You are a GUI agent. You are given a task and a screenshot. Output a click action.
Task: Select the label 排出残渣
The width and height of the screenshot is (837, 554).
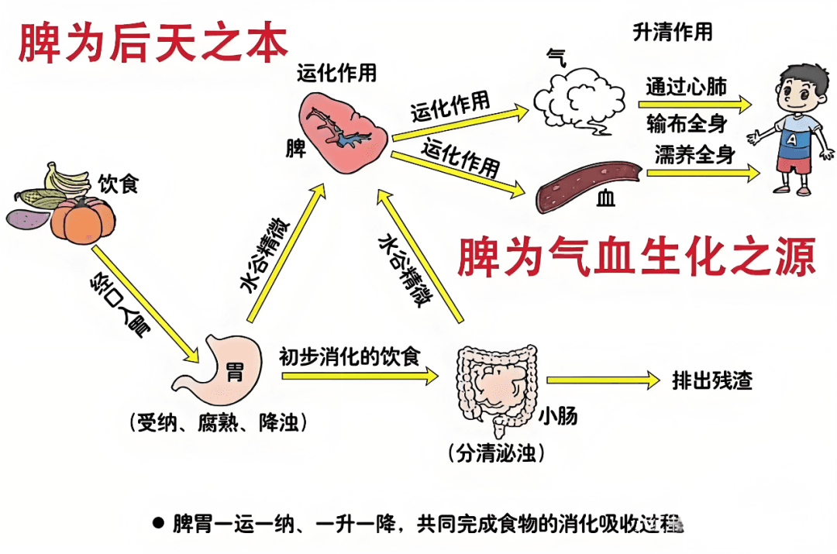712,380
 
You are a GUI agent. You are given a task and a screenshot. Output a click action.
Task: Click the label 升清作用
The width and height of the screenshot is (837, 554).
673,33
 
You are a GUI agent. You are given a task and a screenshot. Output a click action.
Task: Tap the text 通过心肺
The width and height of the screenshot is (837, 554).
687,86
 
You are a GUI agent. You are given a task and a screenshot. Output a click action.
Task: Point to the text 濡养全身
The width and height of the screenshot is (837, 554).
694,153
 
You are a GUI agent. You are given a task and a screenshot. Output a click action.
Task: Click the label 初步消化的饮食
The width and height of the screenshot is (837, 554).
350,357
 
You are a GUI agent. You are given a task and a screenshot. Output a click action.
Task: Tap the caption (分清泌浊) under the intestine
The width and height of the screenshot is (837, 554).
496,453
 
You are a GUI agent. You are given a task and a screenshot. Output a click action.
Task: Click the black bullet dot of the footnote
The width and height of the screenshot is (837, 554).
158,523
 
